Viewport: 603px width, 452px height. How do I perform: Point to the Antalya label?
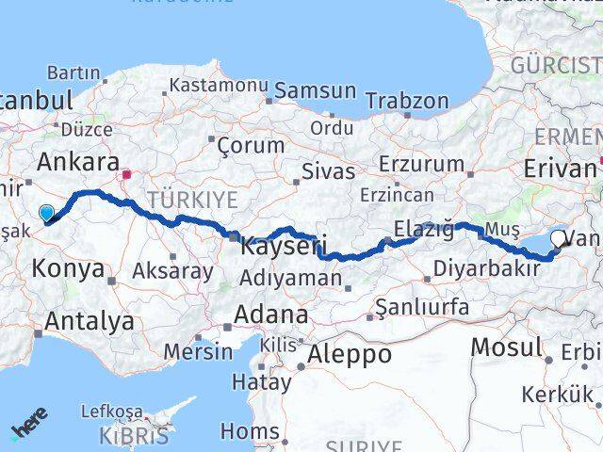click(x=89, y=321)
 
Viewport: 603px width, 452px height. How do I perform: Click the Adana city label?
click(x=272, y=315)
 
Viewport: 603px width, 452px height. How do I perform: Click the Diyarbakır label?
click(x=486, y=269)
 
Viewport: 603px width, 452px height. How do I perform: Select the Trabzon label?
click(x=407, y=101)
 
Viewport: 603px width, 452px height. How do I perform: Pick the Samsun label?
click(x=316, y=92)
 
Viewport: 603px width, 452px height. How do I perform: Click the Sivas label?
click(x=328, y=171)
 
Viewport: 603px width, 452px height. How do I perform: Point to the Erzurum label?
click(x=422, y=164)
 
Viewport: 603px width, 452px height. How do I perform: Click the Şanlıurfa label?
click(x=421, y=306)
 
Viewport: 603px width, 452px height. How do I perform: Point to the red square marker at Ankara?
click(x=126, y=174)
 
